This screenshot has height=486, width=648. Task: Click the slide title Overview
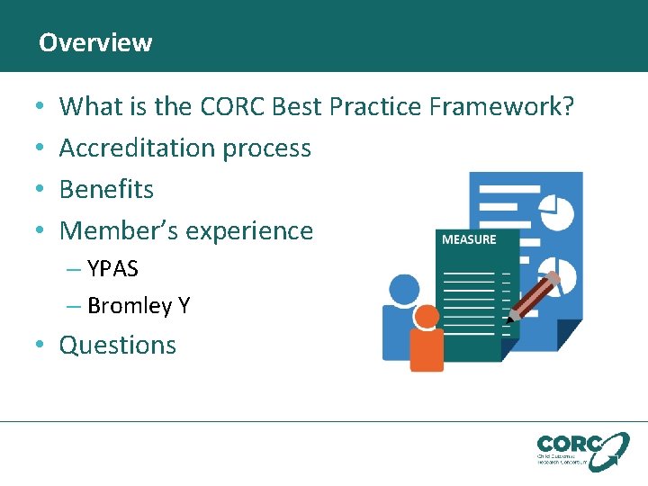click(x=95, y=42)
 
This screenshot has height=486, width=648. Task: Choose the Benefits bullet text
click(x=106, y=189)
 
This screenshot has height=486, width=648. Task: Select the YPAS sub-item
click(x=112, y=269)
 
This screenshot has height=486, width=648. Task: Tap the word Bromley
click(x=129, y=306)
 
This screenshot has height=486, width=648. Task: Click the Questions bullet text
click(x=118, y=346)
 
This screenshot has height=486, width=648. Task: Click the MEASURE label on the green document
click(x=468, y=239)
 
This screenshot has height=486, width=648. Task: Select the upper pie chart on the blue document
click(x=558, y=211)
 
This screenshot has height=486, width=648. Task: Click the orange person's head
click(x=426, y=316)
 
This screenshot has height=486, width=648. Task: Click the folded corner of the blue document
click(x=569, y=334)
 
